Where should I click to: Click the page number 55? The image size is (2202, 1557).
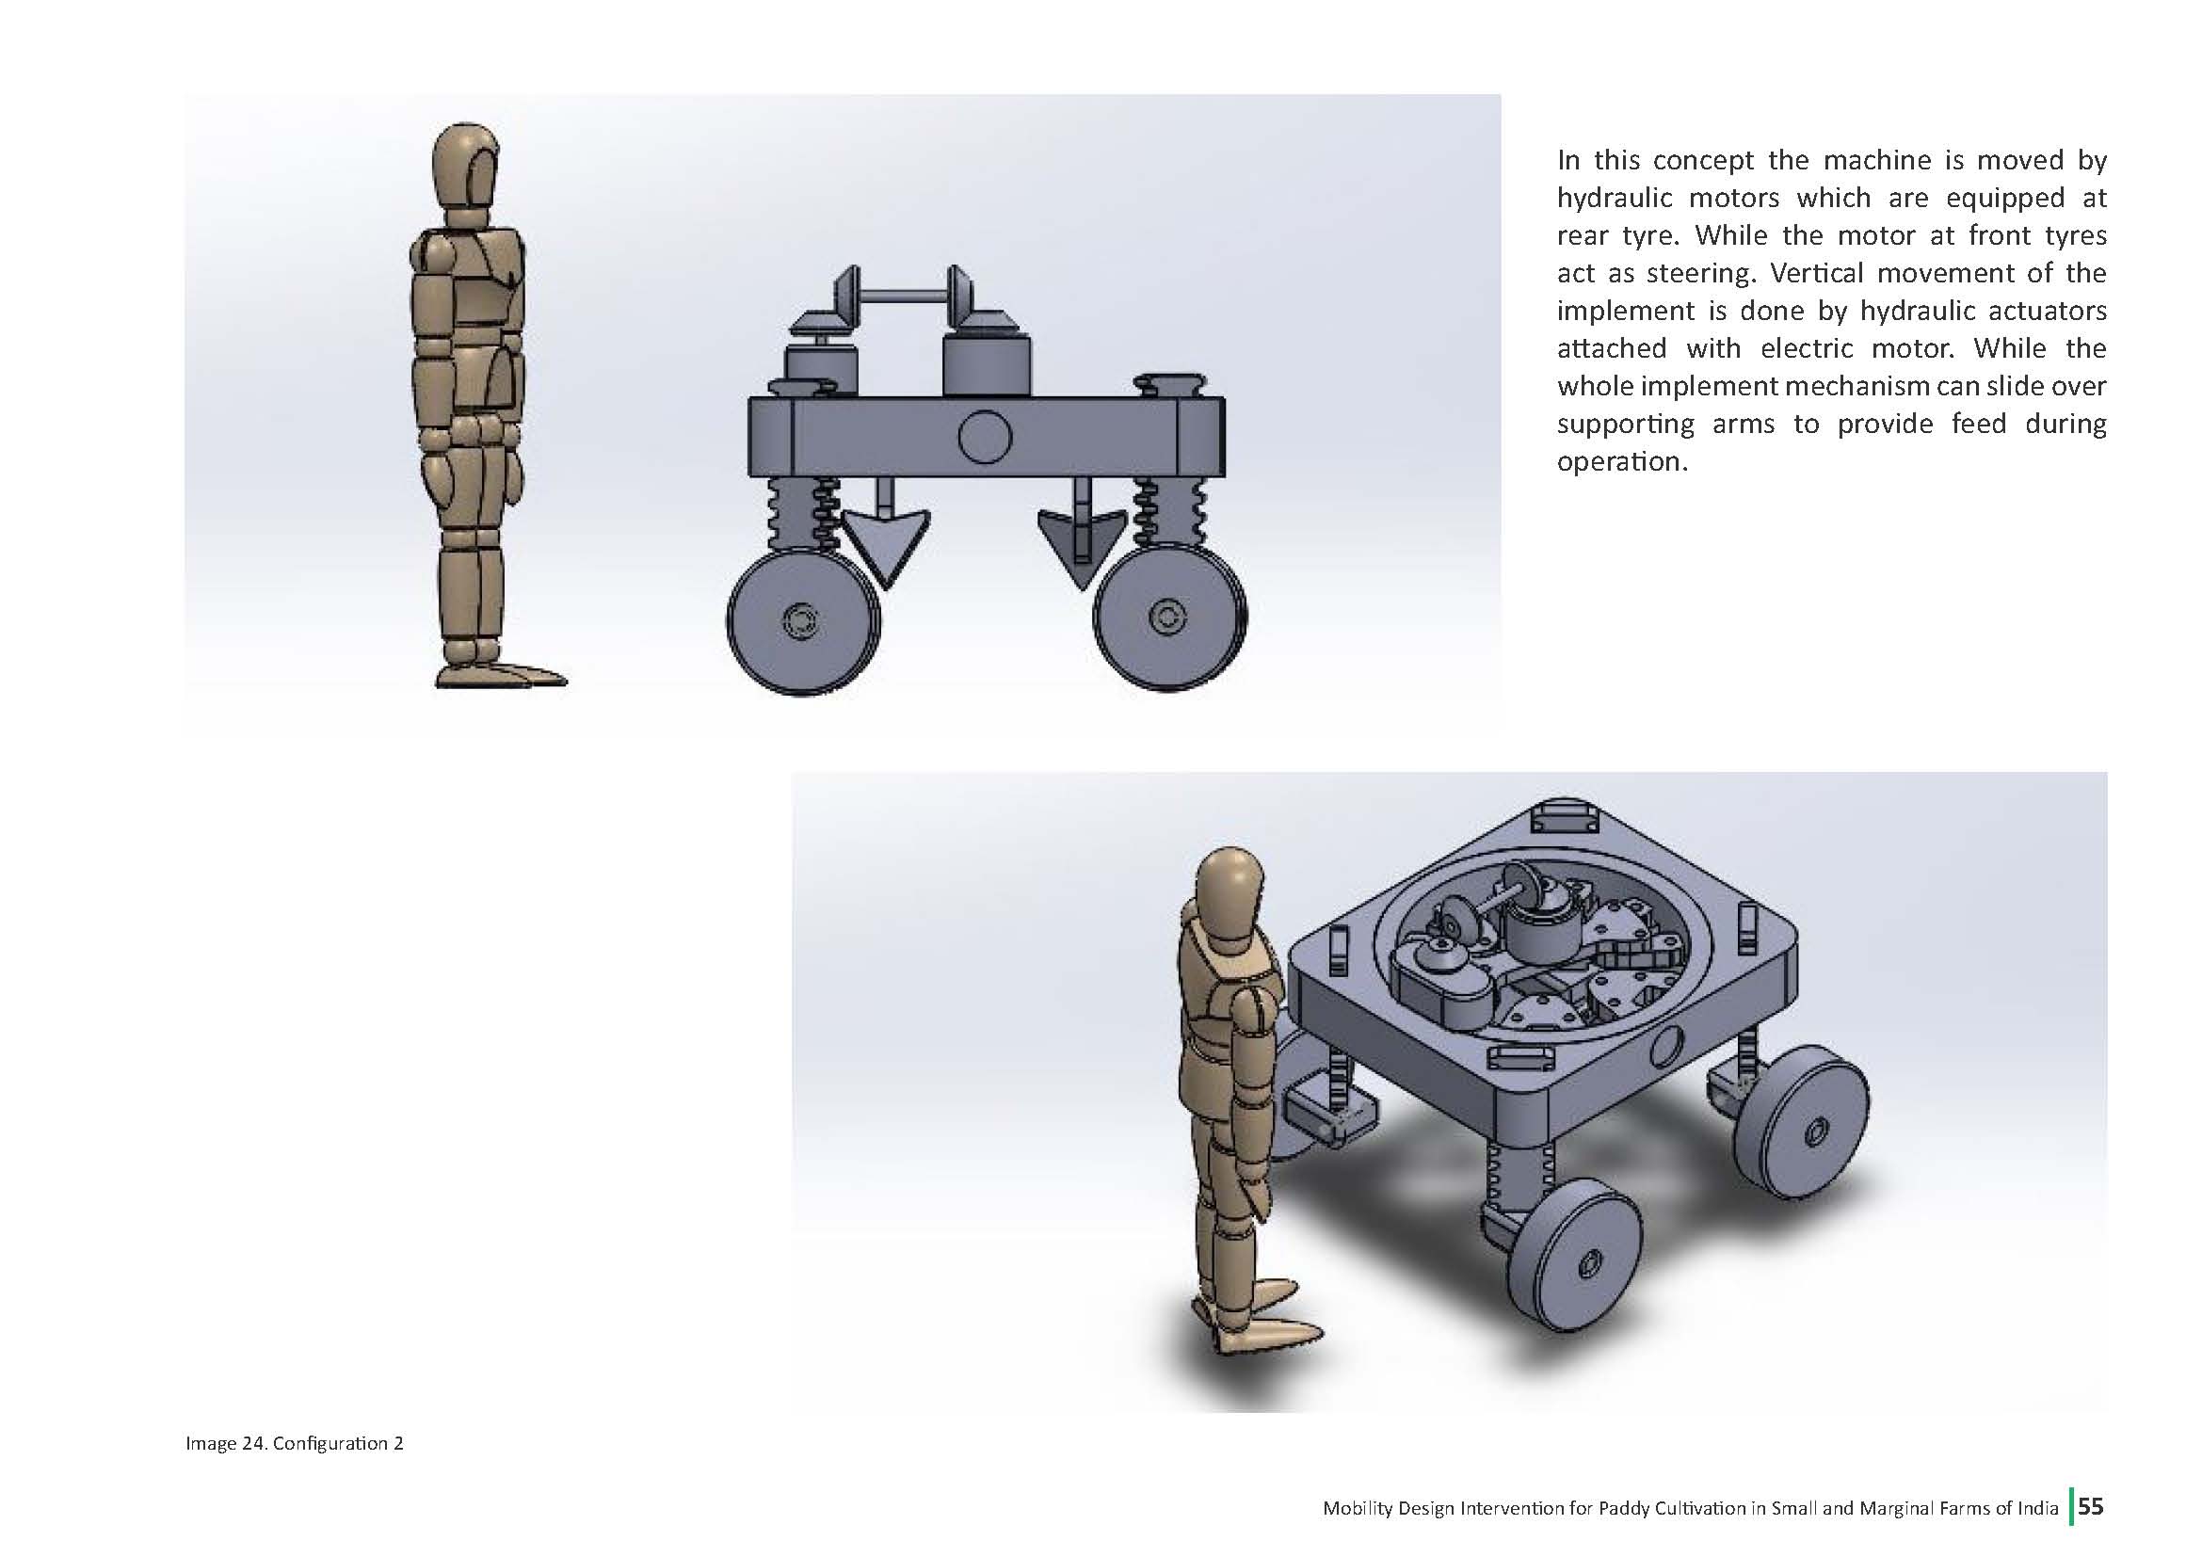(x=2091, y=1506)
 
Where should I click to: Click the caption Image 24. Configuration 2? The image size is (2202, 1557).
(x=295, y=1443)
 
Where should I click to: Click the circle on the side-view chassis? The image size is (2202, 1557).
(x=984, y=437)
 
